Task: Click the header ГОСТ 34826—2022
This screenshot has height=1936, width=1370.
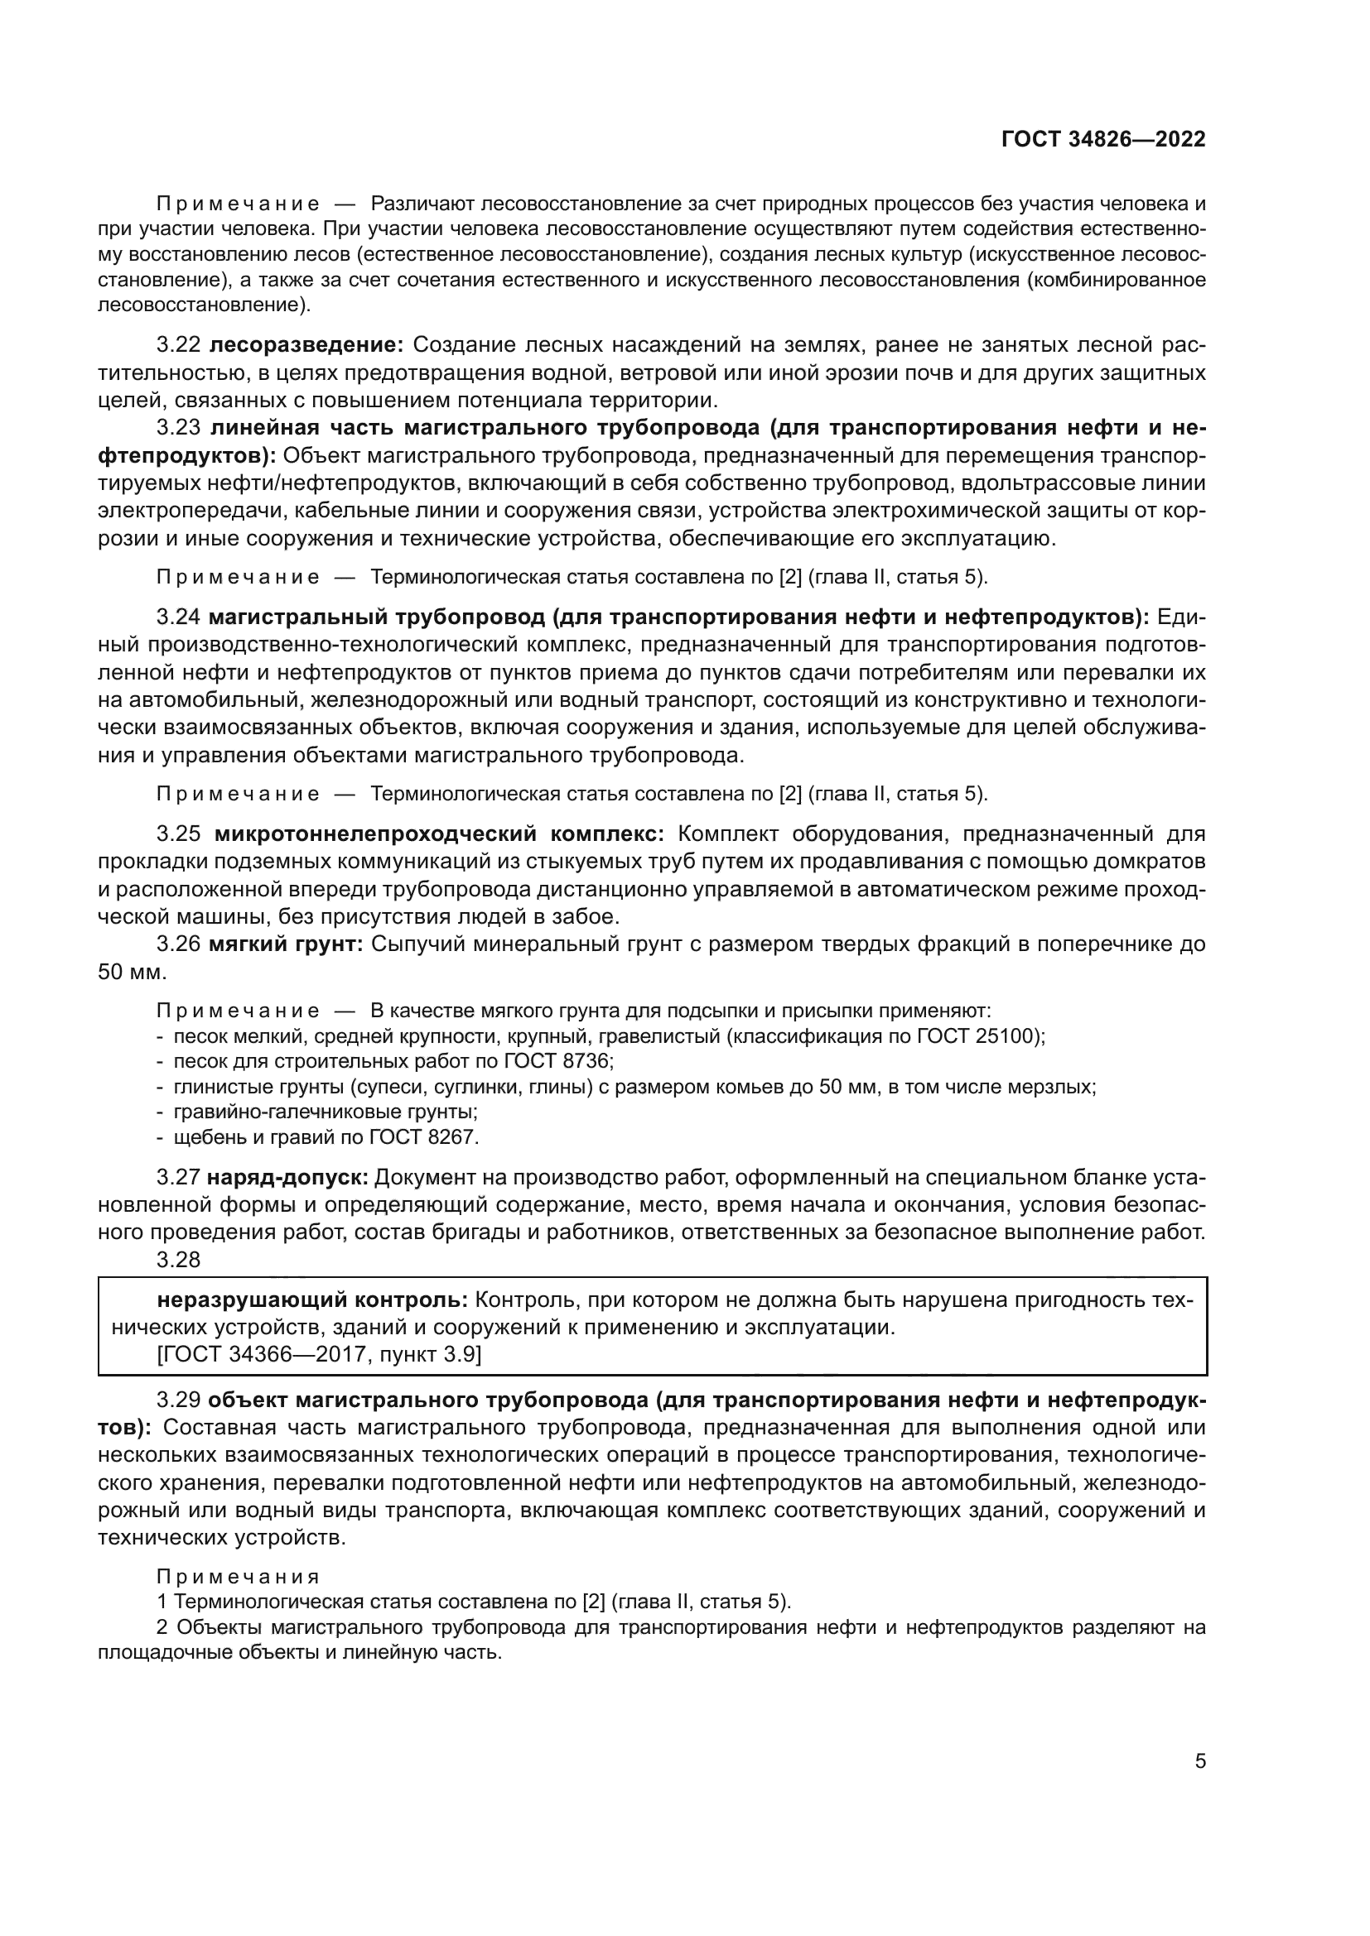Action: [x=1102, y=139]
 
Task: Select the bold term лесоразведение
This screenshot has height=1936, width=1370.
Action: [x=306, y=345]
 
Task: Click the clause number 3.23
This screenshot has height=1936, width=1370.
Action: [x=178, y=427]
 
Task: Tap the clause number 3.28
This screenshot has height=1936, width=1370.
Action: [x=178, y=1260]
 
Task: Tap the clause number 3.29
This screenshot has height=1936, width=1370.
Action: [x=178, y=1400]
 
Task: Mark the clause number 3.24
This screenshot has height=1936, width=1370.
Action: [x=178, y=617]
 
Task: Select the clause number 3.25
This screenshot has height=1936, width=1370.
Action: [x=178, y=834]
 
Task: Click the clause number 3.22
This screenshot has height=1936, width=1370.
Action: [x=178, y=345]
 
